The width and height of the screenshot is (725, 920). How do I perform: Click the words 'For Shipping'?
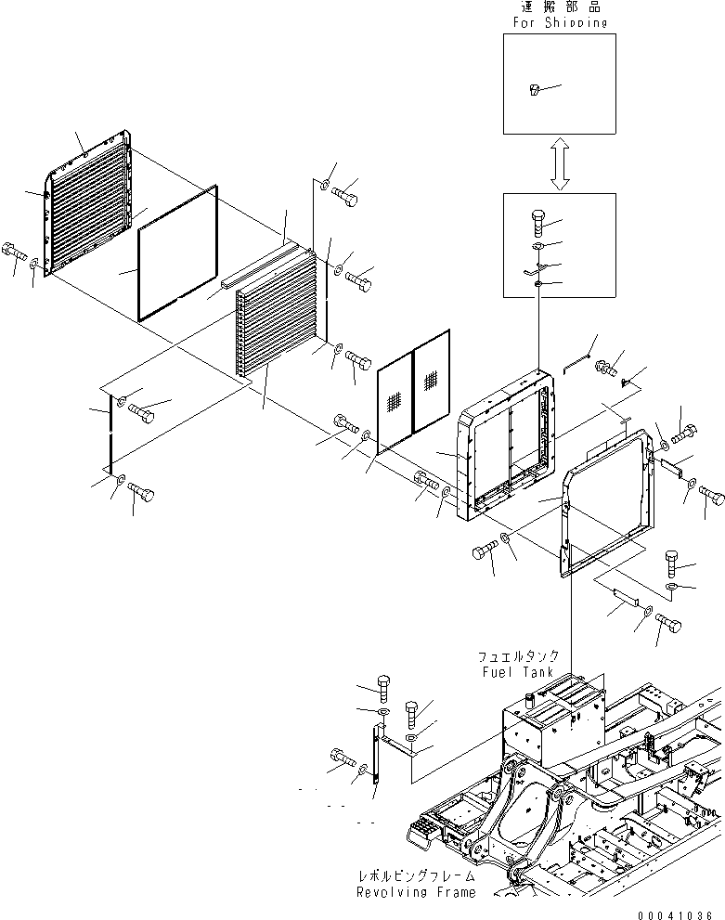559,23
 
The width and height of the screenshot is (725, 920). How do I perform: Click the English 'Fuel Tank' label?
517,671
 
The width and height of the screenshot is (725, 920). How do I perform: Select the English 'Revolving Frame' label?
417,892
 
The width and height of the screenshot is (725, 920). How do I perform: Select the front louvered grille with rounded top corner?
88,209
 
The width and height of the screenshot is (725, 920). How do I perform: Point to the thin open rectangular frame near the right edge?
604,501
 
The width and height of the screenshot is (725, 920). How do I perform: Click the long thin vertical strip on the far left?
110,433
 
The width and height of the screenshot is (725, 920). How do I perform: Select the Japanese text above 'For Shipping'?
559,7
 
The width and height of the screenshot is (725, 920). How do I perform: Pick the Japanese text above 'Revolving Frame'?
417,876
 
